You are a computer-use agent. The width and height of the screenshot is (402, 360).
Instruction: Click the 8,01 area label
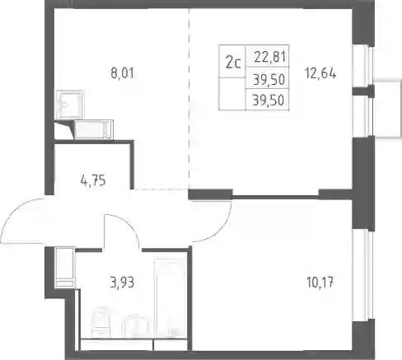(x=122, y=73)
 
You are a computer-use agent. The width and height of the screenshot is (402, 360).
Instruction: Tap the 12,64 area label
(x=320, y=73)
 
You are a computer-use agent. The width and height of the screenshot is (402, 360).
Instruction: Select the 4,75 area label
(x=93, y=181)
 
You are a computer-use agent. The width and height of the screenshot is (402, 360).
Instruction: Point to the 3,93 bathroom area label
(x=122, y=283)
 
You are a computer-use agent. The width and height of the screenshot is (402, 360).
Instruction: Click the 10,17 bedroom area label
(x=320, y=283)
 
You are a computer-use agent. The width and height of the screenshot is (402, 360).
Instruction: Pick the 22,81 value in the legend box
(x=270, y=57)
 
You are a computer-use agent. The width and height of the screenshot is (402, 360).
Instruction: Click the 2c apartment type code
(x=233, y=63)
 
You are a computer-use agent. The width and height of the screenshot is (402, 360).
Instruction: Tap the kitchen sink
(x=69, y=105)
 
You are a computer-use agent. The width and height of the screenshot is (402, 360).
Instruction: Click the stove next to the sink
(x=94, y=129)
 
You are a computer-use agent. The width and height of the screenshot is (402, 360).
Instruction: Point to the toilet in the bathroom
(x=100, y=323)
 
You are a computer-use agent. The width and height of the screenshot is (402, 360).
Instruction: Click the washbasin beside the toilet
(x=135, y=327)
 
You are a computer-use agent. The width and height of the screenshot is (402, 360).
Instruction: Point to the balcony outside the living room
(x=387, y=108)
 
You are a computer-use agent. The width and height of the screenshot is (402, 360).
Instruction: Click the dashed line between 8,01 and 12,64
(x=189, y=99)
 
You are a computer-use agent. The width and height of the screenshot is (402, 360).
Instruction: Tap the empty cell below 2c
(x=232, y=94)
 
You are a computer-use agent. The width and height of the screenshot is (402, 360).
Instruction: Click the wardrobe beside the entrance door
(x=65, y=268)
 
